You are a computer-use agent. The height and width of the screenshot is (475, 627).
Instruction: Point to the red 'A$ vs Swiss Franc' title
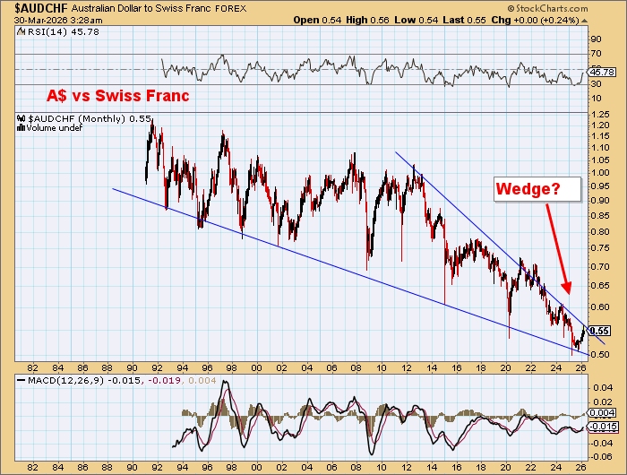118,96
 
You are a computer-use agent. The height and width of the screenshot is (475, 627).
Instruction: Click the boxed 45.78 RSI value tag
600,72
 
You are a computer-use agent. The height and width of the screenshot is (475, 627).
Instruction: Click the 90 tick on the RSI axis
593,39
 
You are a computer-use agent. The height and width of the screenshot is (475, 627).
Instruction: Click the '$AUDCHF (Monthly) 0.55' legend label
76,118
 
